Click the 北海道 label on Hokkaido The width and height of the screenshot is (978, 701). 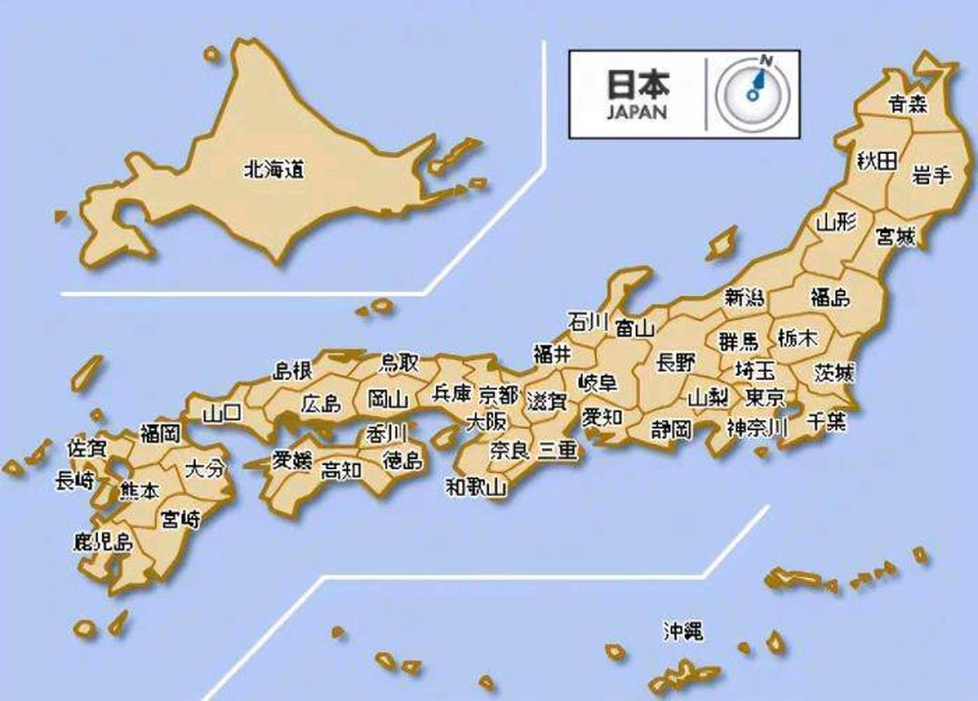tap(273, 169)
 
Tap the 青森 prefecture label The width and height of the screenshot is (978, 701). tap(908, 104)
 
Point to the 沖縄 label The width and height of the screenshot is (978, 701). tap(683, 631)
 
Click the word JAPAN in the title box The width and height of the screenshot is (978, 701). tap(637, 112)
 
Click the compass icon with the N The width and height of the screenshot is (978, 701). tap(754, 93)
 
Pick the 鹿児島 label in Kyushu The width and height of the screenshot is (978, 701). tap(104, 541)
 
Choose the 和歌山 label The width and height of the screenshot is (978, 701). tap(476, 486)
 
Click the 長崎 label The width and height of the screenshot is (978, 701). tap(75, 481)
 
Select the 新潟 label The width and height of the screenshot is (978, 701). tap(744, 297)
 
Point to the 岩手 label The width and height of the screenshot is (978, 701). tap(931, 176)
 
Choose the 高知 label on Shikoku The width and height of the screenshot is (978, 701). tap(341, 469)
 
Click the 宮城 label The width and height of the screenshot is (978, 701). tap(895, 237)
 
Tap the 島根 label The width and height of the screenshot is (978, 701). tap(293, 371)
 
